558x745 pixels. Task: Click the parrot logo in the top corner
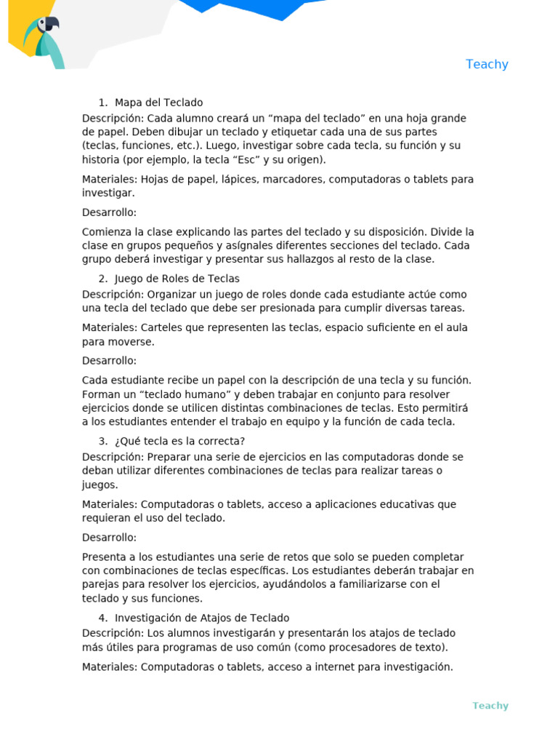(x=43, y=40)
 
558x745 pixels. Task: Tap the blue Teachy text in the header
(x=487, y=64)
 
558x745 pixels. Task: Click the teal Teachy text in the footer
(x=490, y=706)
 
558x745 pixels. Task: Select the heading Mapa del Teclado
(x=158, y=103)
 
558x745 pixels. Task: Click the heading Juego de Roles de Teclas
(x=177, y=279)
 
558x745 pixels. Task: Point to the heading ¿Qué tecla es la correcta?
(x=179, y=442)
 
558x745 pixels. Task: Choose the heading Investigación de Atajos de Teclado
(x=202, y=618)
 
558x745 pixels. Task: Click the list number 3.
(x=102, y=442)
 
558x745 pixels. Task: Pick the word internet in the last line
(x=323, y=666)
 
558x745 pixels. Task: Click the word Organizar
(x=174, y=295)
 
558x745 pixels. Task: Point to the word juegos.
(x=100, y=485)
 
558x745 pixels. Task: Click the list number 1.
(x=102, y=103)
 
